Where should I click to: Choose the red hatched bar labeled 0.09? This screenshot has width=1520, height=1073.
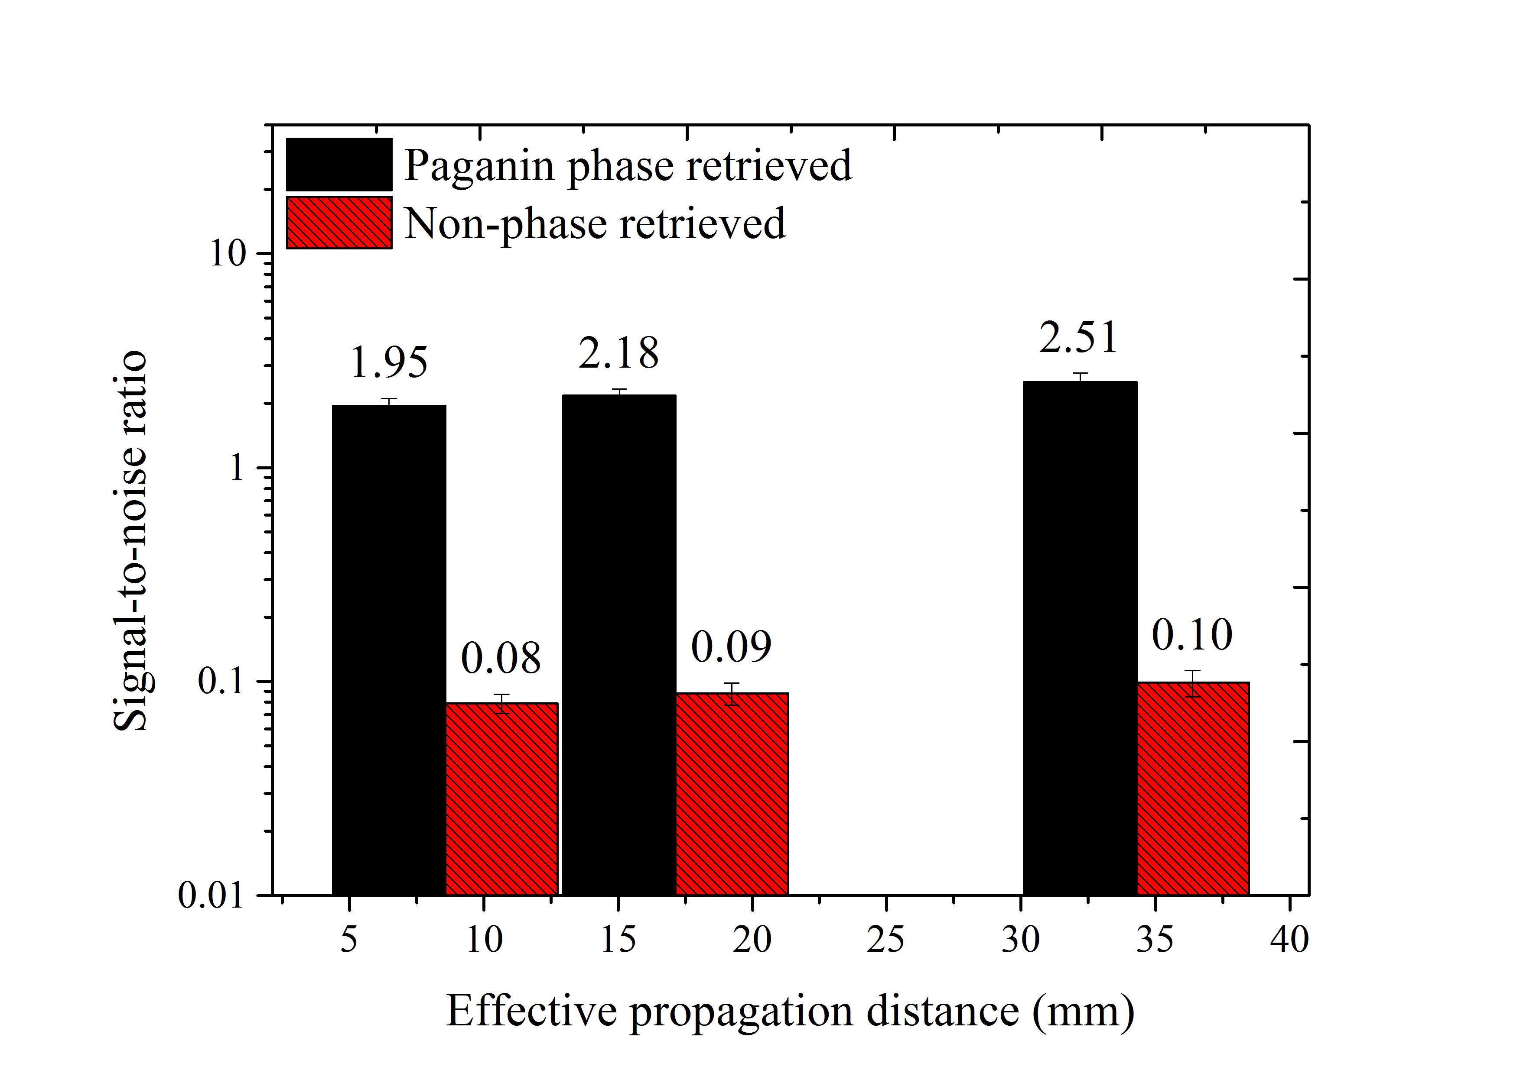click(x=732, y=794)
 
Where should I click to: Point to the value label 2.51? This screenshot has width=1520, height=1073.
click(x=1078, y=338)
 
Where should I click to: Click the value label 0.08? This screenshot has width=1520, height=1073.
click(x=501, y=659)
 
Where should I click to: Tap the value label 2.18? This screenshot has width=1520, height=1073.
click(x=619, y=353)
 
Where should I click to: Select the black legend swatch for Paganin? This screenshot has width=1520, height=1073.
click(x=339, y=165)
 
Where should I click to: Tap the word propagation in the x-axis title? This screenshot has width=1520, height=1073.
click(x=740, y=1012)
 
